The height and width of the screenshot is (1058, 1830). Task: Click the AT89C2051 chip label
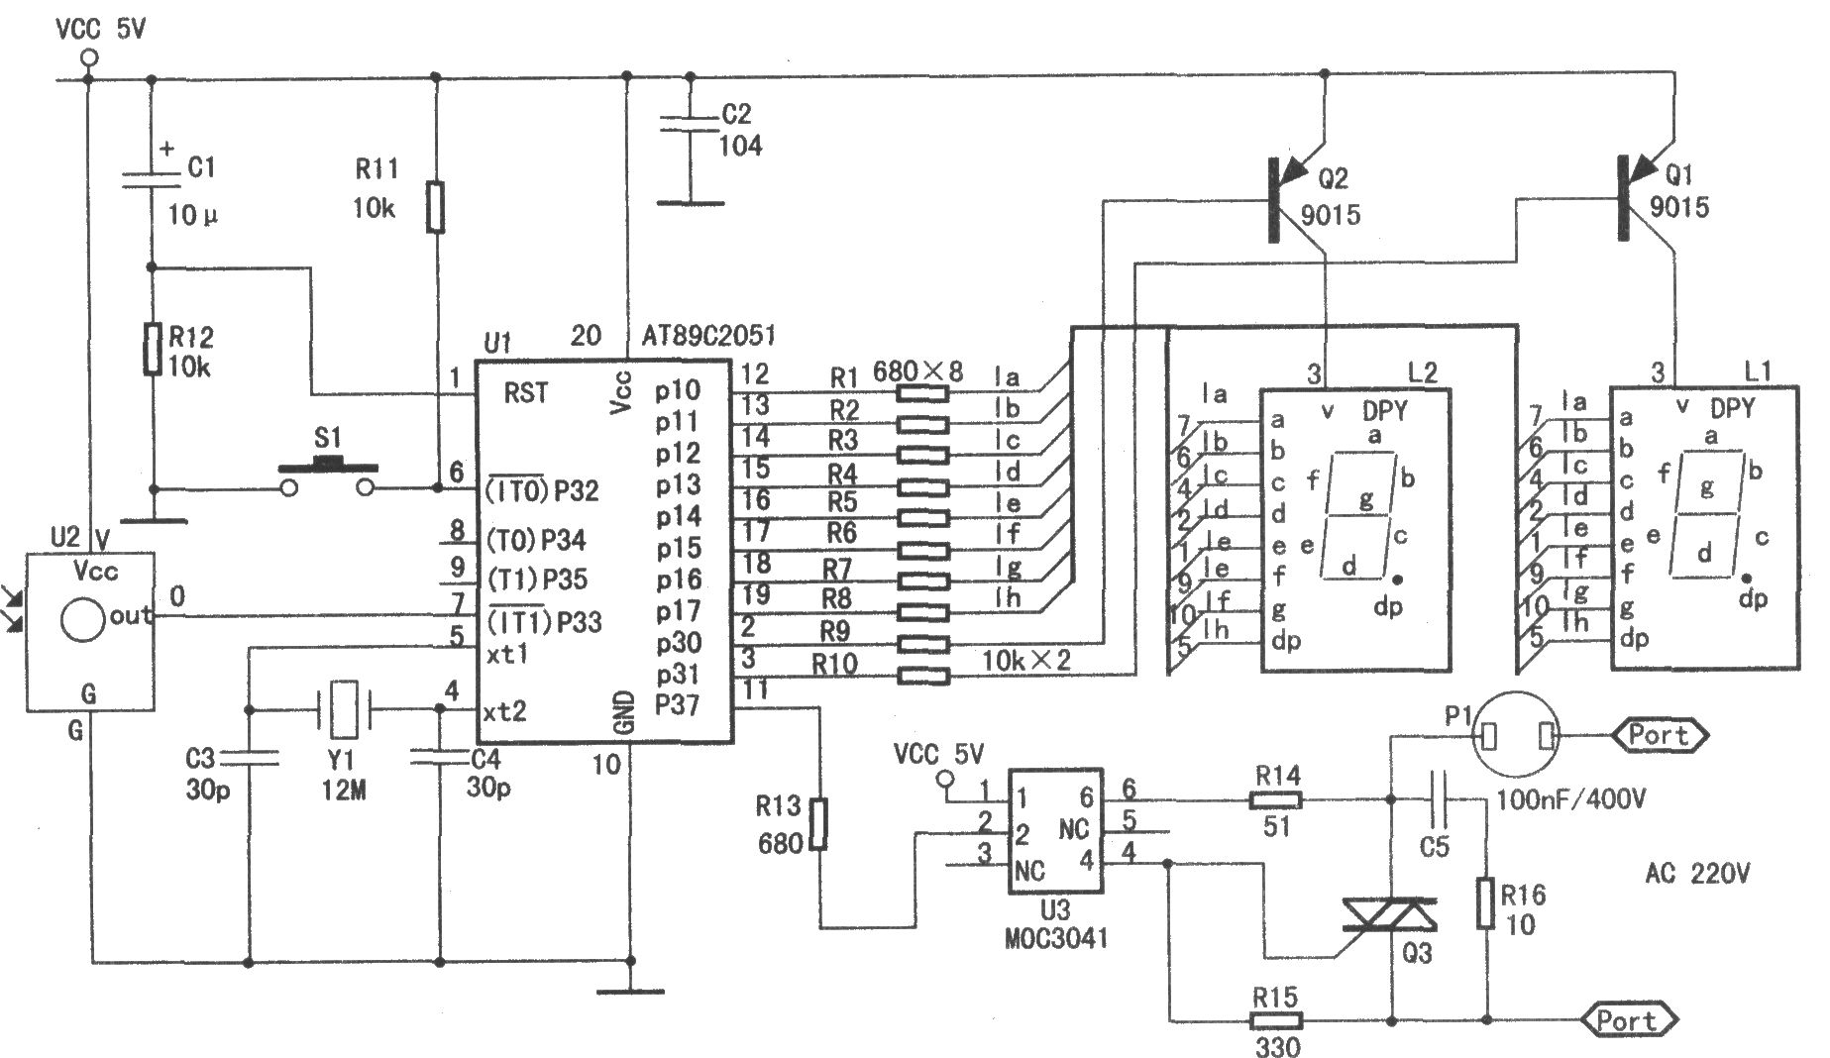click(708, 336)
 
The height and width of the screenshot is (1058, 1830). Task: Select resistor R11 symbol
click(435, 206)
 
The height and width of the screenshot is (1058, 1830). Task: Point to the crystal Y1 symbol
click(343, 709)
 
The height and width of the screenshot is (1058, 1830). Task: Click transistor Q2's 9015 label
click(1331, 214)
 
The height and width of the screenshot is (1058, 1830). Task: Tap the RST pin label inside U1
click(525, 393)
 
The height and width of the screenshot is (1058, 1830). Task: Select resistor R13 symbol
click(817, 824)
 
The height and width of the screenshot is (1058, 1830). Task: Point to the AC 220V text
click(1698, 874)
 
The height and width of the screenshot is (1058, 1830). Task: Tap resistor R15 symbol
click(1275, 1019)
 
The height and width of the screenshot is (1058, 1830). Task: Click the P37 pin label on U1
click(677, 705)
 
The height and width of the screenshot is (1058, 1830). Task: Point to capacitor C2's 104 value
click(741, 146)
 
